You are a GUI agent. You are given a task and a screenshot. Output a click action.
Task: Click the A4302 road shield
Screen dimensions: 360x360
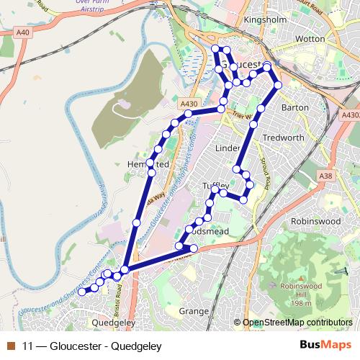(x=351, y=114)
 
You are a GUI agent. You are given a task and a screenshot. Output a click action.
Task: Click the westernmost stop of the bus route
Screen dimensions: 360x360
(x=81, y=292)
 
